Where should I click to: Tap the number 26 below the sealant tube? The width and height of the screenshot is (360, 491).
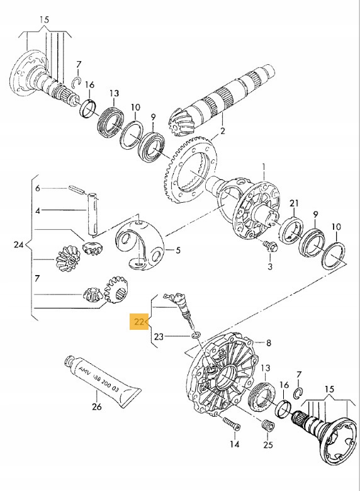click(x=96, y=407)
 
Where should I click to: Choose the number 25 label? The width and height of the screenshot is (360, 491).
click(x=269, y=444)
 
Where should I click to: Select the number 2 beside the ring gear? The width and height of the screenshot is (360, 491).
click(x=222, y=132)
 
